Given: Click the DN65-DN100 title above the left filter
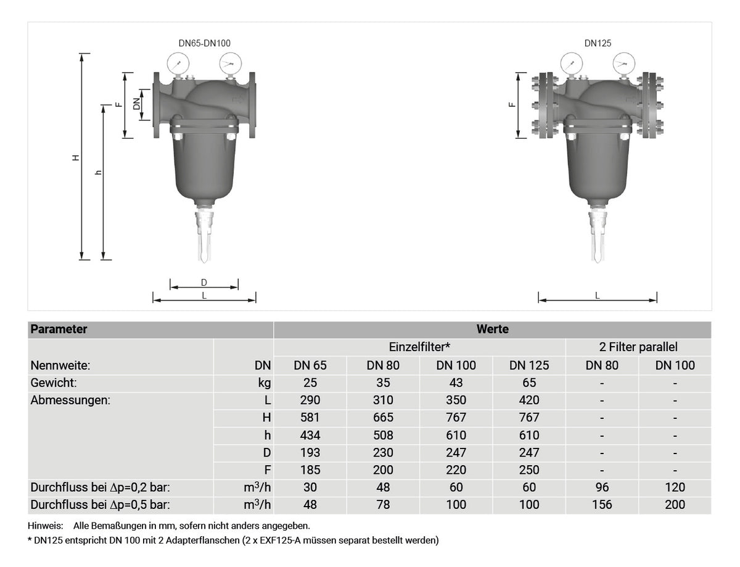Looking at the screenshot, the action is tap(204, 43).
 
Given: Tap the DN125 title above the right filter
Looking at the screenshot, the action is tap(598, 43).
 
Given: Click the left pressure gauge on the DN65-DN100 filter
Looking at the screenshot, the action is tap(178, 64).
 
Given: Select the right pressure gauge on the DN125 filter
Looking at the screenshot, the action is tap(624, 64).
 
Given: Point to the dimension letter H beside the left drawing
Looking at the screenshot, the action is tap(76, 158).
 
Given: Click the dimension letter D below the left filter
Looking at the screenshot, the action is tap(203, 283).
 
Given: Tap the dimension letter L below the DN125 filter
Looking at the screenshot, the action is tap(598, 296).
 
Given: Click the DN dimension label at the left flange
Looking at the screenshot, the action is tap(136, 104).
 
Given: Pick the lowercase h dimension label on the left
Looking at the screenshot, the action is tap(99, 173).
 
